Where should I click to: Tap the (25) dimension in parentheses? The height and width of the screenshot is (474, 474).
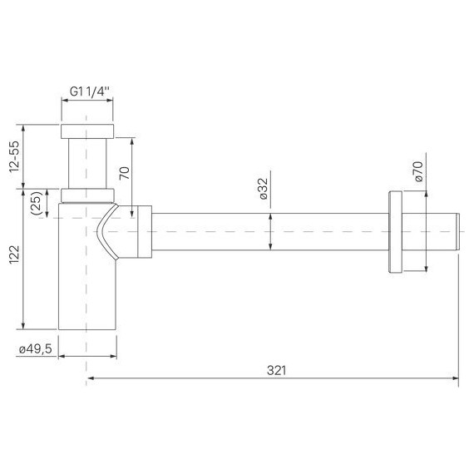pos(37,205)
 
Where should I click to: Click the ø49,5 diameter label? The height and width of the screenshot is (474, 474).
pos(35,349)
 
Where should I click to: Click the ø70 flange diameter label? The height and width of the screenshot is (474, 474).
pos(418,173)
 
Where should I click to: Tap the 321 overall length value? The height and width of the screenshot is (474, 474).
pos(274,370)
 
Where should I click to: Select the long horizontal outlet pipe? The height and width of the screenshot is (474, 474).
pos(266,232)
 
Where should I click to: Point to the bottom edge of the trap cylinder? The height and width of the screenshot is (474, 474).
pos(86,329)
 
